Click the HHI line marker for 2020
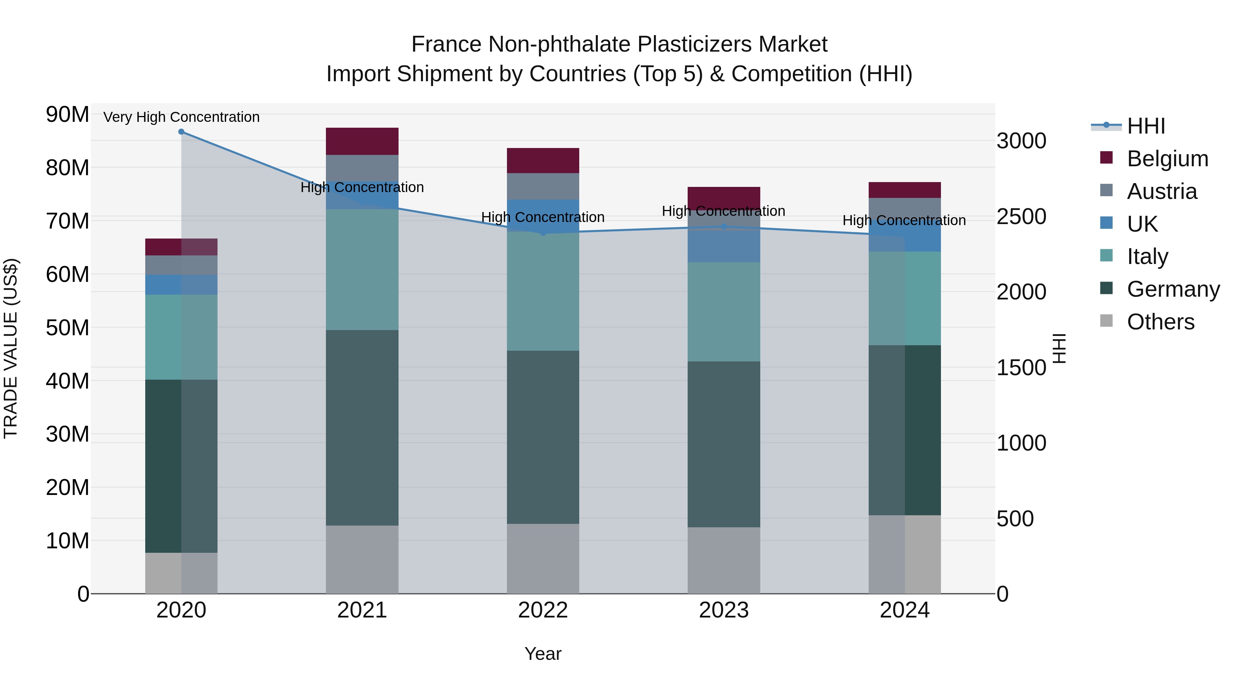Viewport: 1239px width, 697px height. click(x=181, y=132)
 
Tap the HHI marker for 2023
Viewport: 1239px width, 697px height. click(x=724, y=226)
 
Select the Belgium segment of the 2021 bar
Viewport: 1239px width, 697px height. click(x=362, y=141)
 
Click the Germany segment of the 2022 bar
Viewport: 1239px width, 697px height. click(x=543, y=437)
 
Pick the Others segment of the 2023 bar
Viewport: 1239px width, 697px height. click(x=724, y=560)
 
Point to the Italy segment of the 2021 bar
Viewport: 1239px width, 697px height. click(x=362, y=270)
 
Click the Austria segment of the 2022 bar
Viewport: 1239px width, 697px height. click(x=543, y=186)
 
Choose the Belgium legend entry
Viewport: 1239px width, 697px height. click(x=1167, y=159)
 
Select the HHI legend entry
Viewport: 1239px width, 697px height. click(x=1146, y=126)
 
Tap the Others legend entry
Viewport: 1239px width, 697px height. click(x=1160, y=322)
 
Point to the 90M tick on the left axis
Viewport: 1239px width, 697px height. click(x=67, y=115)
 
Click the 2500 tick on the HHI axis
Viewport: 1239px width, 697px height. click(x=1021, y=217)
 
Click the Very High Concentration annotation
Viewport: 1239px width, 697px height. click(x=181, y=117)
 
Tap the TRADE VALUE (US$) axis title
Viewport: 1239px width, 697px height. click(x=11, y=348)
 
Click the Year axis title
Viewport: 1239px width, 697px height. click(x=543, y=654)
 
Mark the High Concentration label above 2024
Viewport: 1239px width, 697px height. click(x=904, y=220)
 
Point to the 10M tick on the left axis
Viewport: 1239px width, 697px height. click(x=67, y=541)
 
